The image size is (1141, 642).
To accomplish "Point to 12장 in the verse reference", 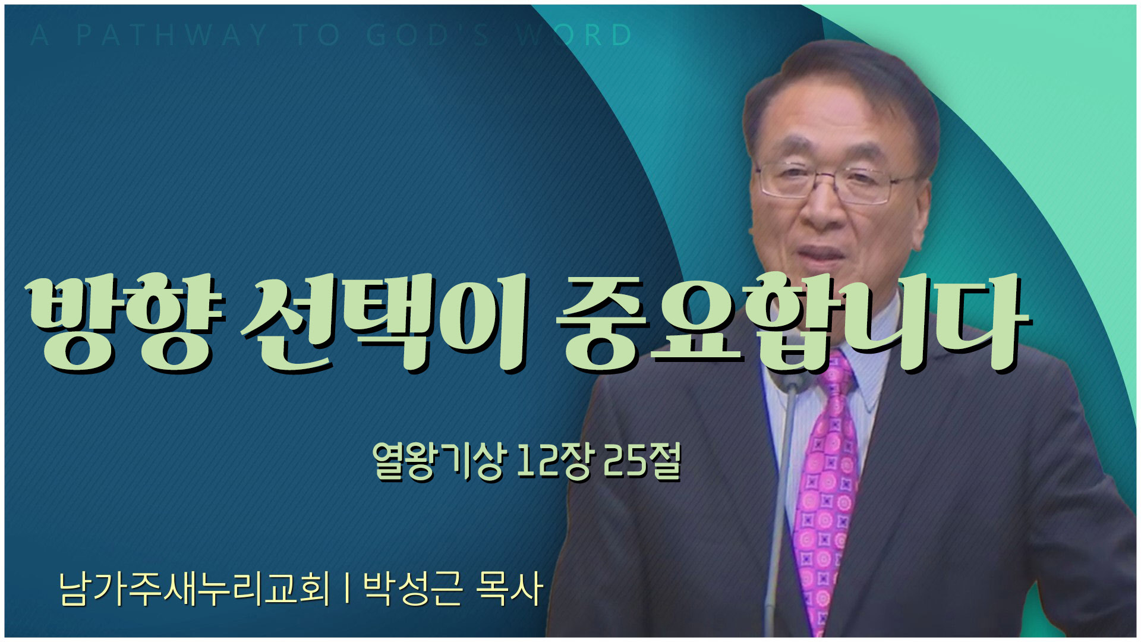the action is pos(554,461).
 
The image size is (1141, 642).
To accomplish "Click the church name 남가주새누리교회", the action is pos(194,588).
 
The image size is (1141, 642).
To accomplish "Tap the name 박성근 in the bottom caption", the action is pos(412,588).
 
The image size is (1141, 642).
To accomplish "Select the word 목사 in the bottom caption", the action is pos(509,588).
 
